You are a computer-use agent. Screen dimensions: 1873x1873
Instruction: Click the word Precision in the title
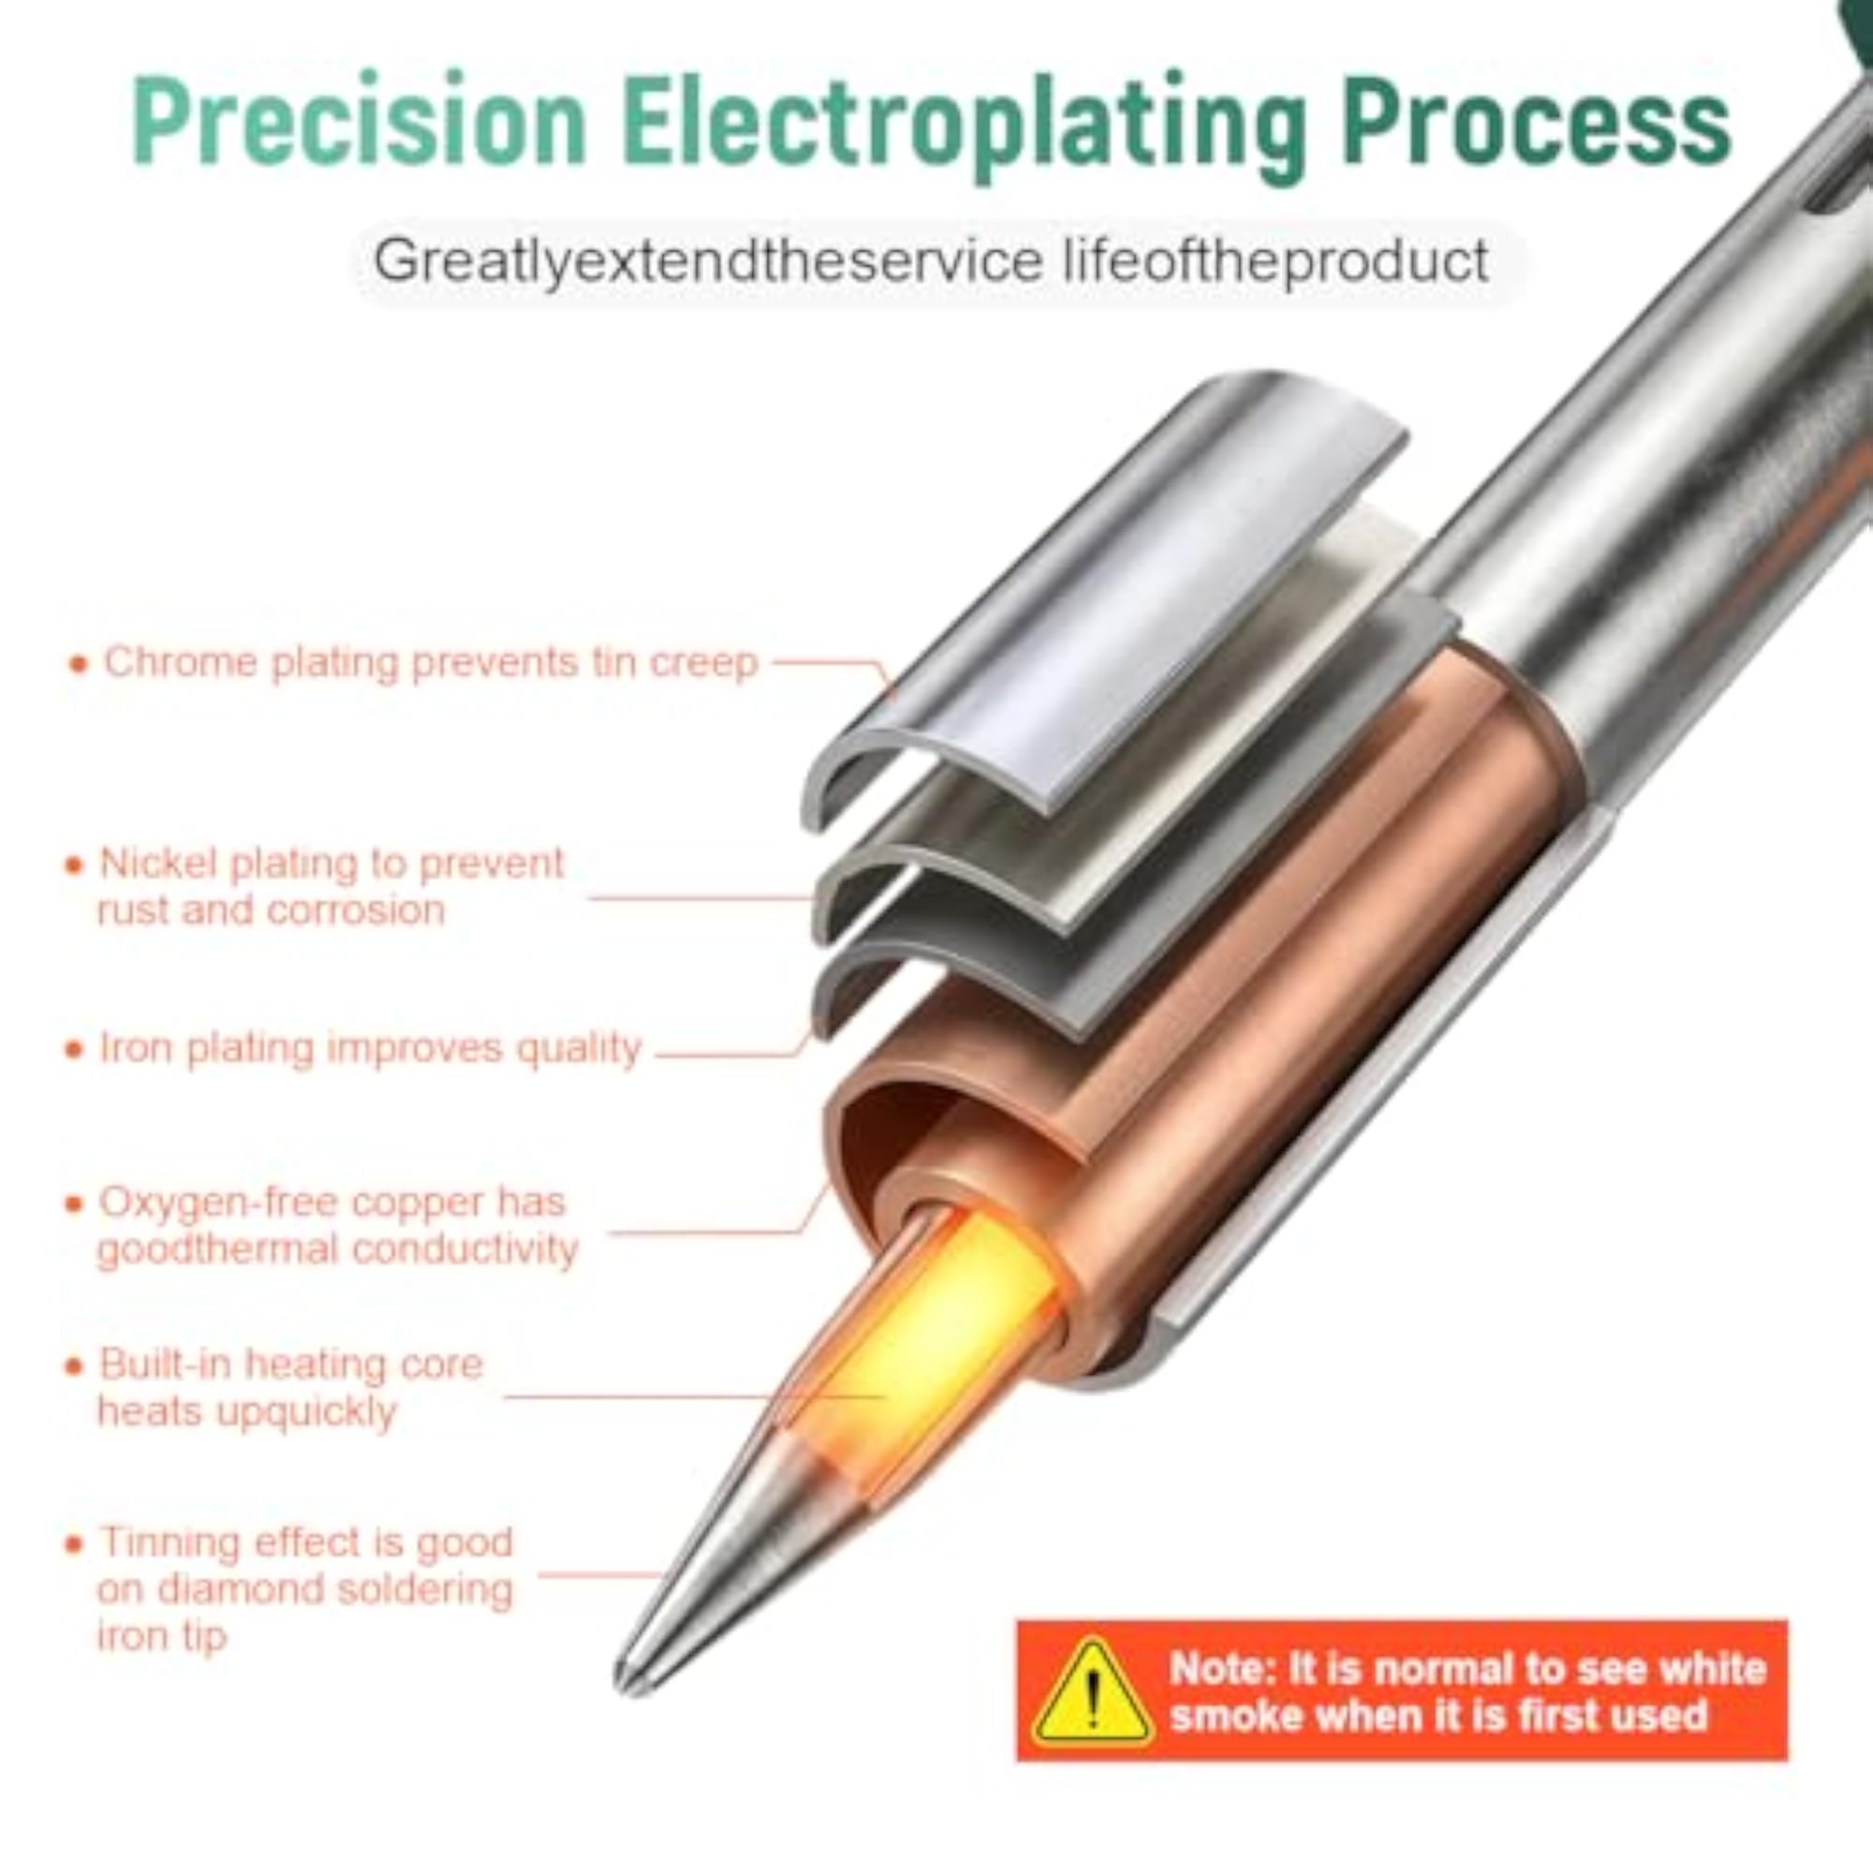tap(359, 122)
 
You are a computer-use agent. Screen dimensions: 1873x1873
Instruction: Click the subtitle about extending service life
tap(931, 263)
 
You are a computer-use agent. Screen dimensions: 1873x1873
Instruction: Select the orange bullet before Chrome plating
tap(79, 664)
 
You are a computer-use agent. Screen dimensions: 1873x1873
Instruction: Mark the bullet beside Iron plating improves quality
tap(75, 1050)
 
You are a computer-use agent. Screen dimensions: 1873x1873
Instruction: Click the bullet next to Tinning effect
tap(75, 1544)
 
